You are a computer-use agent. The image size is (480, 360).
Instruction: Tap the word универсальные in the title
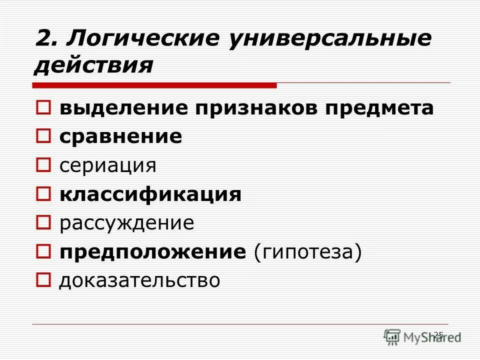point(330,39)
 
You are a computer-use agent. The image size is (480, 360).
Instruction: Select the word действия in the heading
point(93,65)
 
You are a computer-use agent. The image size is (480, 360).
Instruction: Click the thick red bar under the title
point(155,85)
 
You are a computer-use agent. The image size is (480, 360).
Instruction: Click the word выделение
point(124,108)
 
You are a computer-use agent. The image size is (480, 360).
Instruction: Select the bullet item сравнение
point(121,137)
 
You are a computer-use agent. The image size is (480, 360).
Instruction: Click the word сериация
point(107,165)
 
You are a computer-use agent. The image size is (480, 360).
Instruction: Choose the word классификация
point(150,194)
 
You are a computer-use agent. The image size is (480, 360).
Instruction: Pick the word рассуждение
point(126,223)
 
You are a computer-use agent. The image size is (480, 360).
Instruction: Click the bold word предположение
point(153,251)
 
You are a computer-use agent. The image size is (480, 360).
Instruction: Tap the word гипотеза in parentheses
point(307,251)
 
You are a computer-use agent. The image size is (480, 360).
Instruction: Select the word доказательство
point(139,280)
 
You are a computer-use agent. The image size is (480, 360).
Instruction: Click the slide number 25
point(438,334)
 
